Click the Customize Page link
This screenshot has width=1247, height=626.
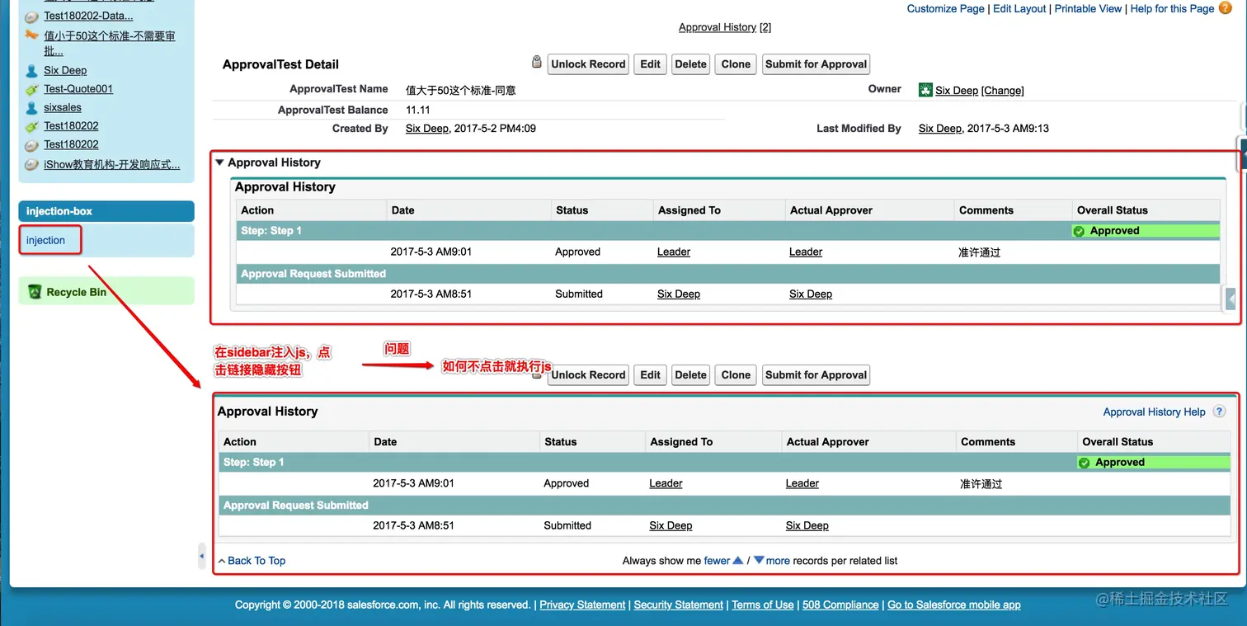coord(945,8)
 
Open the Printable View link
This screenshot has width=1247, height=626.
coord(1088,8)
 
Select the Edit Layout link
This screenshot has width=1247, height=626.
coord(1019,8)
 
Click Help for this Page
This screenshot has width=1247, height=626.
coord(1172,8)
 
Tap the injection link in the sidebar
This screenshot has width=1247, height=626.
coord(45,240)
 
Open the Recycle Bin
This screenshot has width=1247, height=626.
coord(76,292)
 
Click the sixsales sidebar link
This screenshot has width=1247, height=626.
coord(63,107)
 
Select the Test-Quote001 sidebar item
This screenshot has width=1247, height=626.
coord(78,89)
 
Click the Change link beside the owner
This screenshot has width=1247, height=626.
coord(1002,91)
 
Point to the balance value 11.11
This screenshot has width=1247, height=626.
coord(418,110)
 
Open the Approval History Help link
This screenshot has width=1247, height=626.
coord(1154,412)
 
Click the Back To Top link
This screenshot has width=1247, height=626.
coord(256,561)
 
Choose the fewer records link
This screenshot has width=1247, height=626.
coord(717,561)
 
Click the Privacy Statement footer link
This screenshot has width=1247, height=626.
coord(582,605)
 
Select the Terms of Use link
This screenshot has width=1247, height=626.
coord(762,605)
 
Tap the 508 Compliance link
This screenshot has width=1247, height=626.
coord(840,605)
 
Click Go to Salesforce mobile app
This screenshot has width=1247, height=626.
coord(953,605)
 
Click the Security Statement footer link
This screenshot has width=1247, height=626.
coord(678,605)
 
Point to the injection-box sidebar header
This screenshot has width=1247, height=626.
coord(59,211)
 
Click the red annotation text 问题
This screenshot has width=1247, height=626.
coord(397,349)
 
